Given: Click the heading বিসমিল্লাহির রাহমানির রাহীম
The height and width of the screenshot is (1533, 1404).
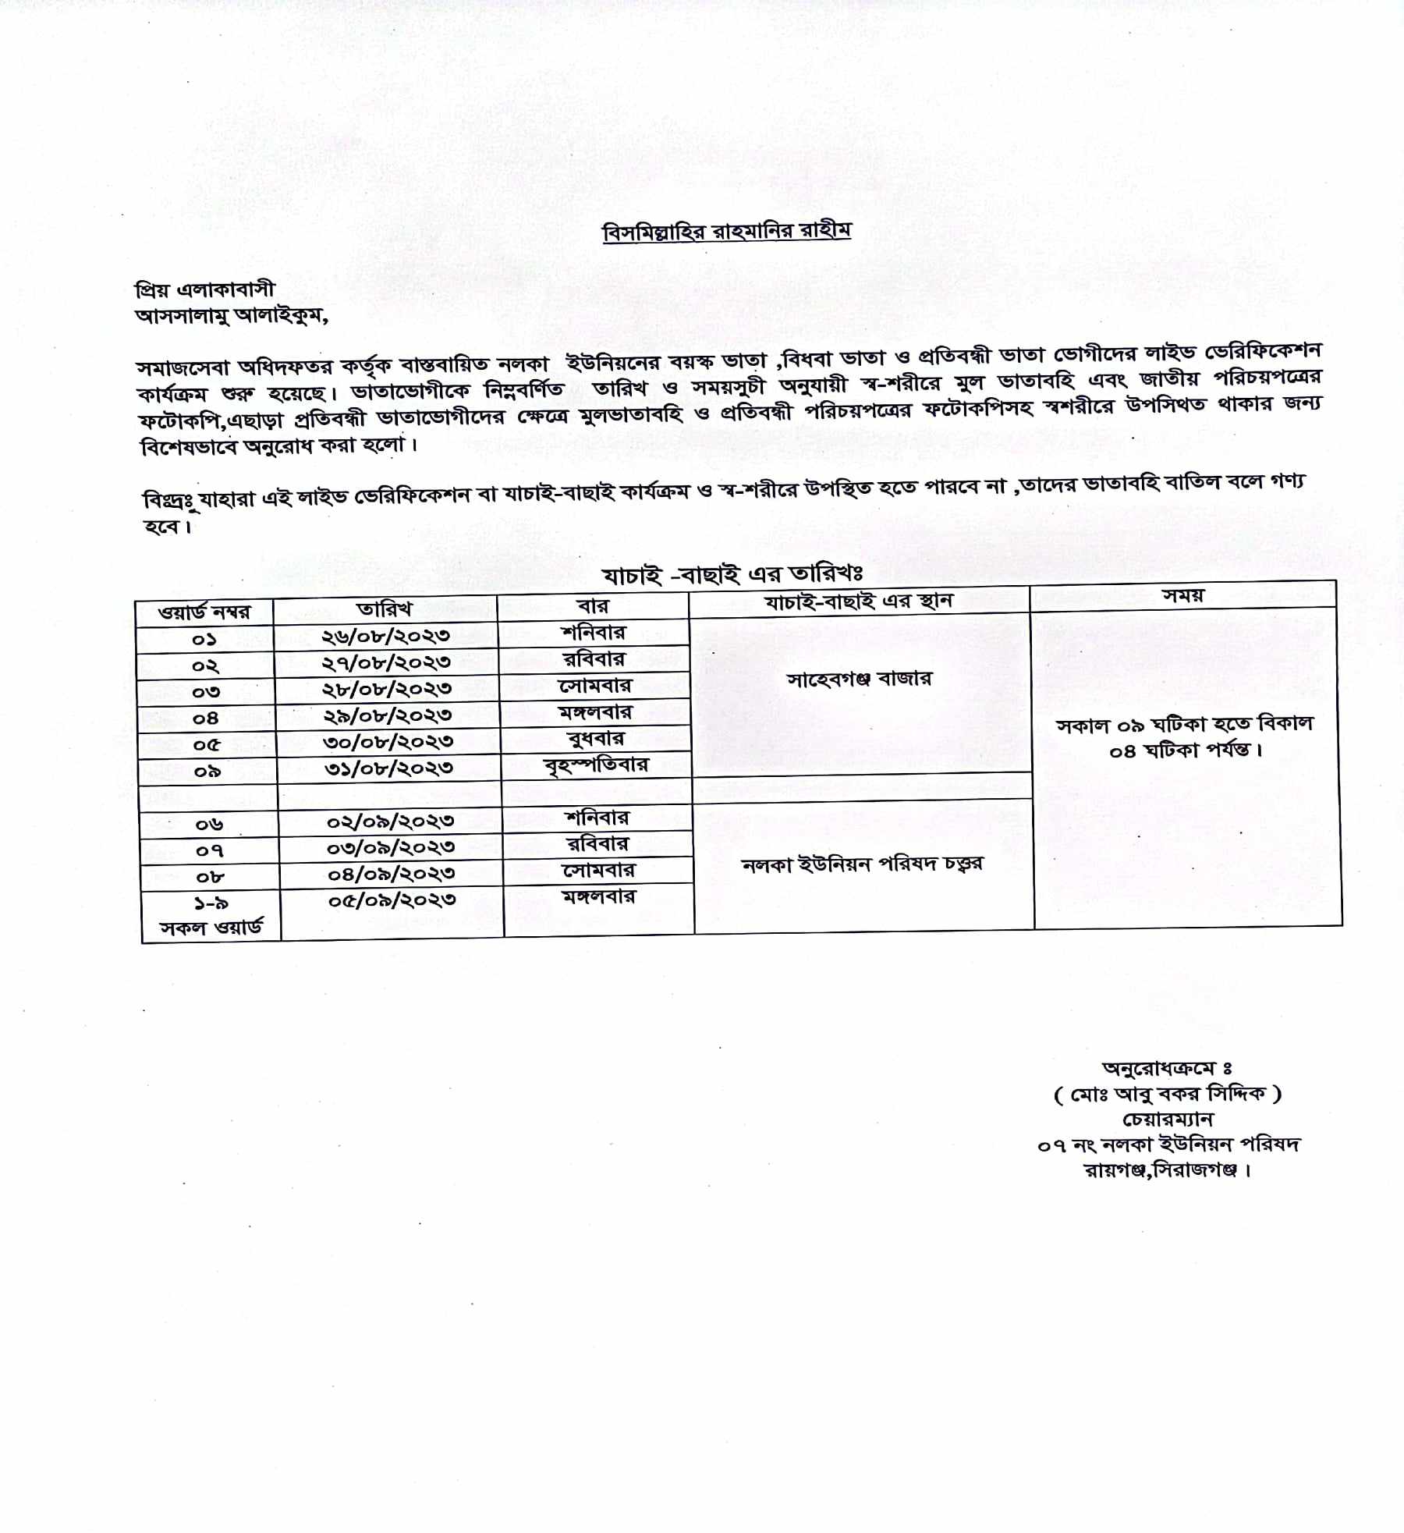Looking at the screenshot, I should coord(727,232).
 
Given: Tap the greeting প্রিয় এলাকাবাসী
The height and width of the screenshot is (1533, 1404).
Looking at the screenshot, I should coord(205,289).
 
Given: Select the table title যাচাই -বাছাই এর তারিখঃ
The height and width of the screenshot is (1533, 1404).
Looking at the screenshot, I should coord(732,575).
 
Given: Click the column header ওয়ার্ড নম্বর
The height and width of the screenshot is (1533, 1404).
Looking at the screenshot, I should coord(204,612).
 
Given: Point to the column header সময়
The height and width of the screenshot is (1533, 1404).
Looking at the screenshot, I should coord(1183,595).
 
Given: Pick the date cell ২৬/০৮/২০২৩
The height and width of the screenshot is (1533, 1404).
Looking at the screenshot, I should coord(386,635).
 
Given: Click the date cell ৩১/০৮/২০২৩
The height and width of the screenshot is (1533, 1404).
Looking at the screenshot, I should coord(388,768).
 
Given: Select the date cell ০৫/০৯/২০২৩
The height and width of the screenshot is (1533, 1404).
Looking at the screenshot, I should coord(392,900).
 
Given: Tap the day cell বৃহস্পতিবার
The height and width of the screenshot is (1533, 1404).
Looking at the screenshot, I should coord(596,764).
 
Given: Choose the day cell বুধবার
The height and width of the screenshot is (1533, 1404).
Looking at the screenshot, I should coord(595,738).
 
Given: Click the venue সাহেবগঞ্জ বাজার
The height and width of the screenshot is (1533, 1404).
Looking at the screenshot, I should coord(859,679).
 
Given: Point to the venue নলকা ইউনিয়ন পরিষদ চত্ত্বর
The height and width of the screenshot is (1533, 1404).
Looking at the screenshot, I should coord(862,864).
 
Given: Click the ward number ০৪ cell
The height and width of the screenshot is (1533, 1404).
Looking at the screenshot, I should coord(206,718).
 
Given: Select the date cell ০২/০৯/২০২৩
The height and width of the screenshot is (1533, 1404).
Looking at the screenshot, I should coord(390,821).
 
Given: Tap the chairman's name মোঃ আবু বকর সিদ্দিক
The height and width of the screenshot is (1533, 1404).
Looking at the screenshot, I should coord(1167,1095).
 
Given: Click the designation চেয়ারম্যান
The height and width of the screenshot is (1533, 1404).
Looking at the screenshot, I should coord(1168,1120).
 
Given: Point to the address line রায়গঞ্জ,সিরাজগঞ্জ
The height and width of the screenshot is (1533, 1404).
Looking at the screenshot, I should coord(1167,1170).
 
